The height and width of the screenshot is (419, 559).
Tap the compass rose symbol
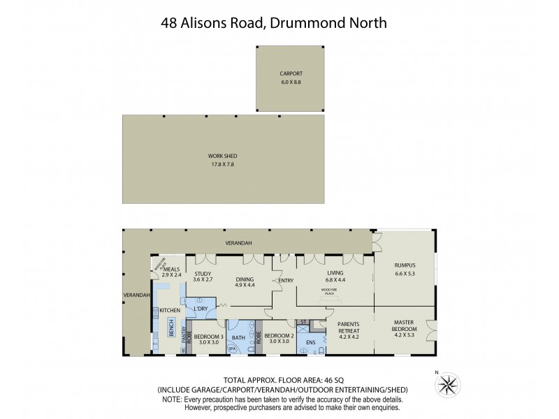pos(448,385)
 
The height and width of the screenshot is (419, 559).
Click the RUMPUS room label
pos(405,265)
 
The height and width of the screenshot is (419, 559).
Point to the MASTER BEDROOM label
pos(405,325)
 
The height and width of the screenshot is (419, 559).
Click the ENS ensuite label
pos(311,342)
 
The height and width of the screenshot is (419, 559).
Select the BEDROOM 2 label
pos(278,336)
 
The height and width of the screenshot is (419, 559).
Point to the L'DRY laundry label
pos(201,308)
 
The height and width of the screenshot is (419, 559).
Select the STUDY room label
pos(203,274)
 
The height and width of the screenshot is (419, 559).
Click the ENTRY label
pos(286,281)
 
